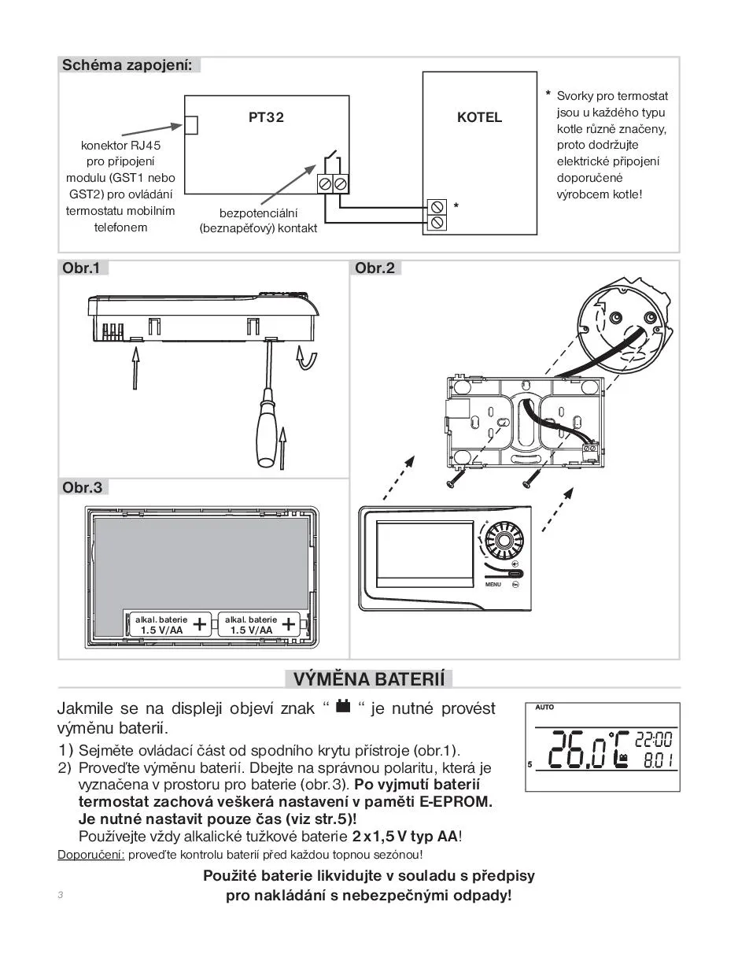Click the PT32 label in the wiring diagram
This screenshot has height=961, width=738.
point(266,117)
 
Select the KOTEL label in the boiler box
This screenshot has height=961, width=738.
point(479,117)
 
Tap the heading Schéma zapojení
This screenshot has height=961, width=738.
point(127,65)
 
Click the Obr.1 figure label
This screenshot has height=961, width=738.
point(81,268)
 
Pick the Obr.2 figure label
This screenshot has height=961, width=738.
point(375,268)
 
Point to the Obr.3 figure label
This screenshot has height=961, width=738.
point(83,488)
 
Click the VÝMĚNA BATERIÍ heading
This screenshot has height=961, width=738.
point(369,679)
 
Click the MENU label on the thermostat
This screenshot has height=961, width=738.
point(493,585)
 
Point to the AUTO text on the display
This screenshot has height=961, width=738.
point(544,708)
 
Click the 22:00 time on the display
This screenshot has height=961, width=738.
point(653,741)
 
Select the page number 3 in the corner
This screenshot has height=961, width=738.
point(60,896)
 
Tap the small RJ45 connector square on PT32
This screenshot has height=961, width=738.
point(190,124)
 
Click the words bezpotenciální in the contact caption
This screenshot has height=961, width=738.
point(258,213)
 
